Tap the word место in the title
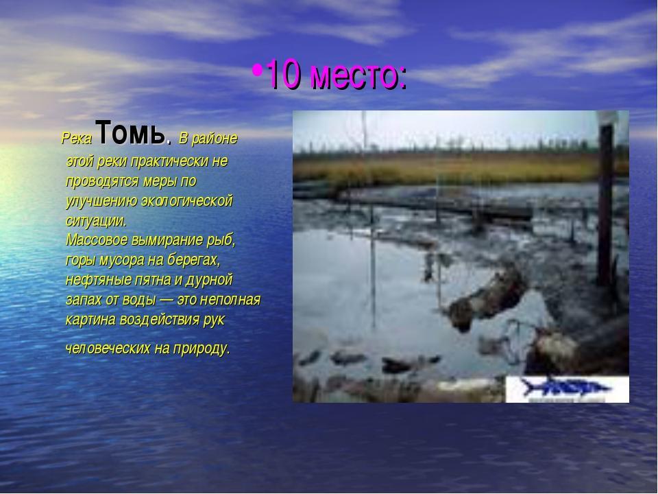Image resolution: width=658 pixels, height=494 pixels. click(358, 76)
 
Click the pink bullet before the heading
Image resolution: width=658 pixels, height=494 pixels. click(257, 70)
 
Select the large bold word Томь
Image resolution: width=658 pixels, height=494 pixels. click(130, 132)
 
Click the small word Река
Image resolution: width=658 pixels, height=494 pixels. click(76, 138)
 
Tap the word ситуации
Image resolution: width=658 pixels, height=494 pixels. click(96, 221)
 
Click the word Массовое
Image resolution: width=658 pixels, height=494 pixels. click(97, 240)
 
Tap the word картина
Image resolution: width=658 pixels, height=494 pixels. click(90, 320)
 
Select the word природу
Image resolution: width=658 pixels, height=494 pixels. click(201, 349)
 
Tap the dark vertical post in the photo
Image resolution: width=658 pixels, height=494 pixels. click(605, 205)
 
